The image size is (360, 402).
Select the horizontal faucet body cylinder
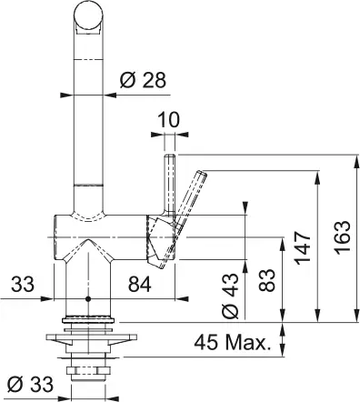[100, 232]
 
